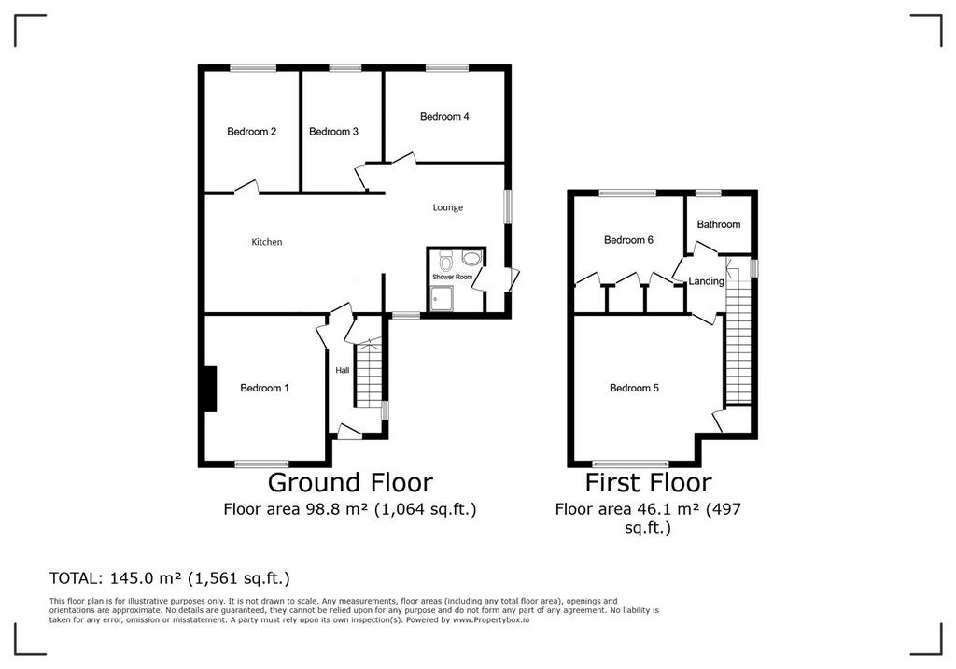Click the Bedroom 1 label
click(264, 388)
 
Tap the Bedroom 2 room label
click(252, 132)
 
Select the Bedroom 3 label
click(333, 132)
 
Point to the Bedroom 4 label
click(444, 117)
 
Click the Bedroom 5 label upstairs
click(634, 388)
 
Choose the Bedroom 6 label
click(628, 240)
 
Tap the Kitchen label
click(267, 242)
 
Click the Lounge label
click(448, 208)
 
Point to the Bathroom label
click(719, 224)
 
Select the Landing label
click(706, 281)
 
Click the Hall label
click(343, 371)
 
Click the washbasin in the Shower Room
click(471, 259)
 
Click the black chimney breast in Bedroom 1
click(210, 389)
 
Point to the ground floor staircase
click(368, 375)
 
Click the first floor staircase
click(738, 332)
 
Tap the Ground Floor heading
click(351, 483)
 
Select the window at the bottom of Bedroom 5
click(631, 463)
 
